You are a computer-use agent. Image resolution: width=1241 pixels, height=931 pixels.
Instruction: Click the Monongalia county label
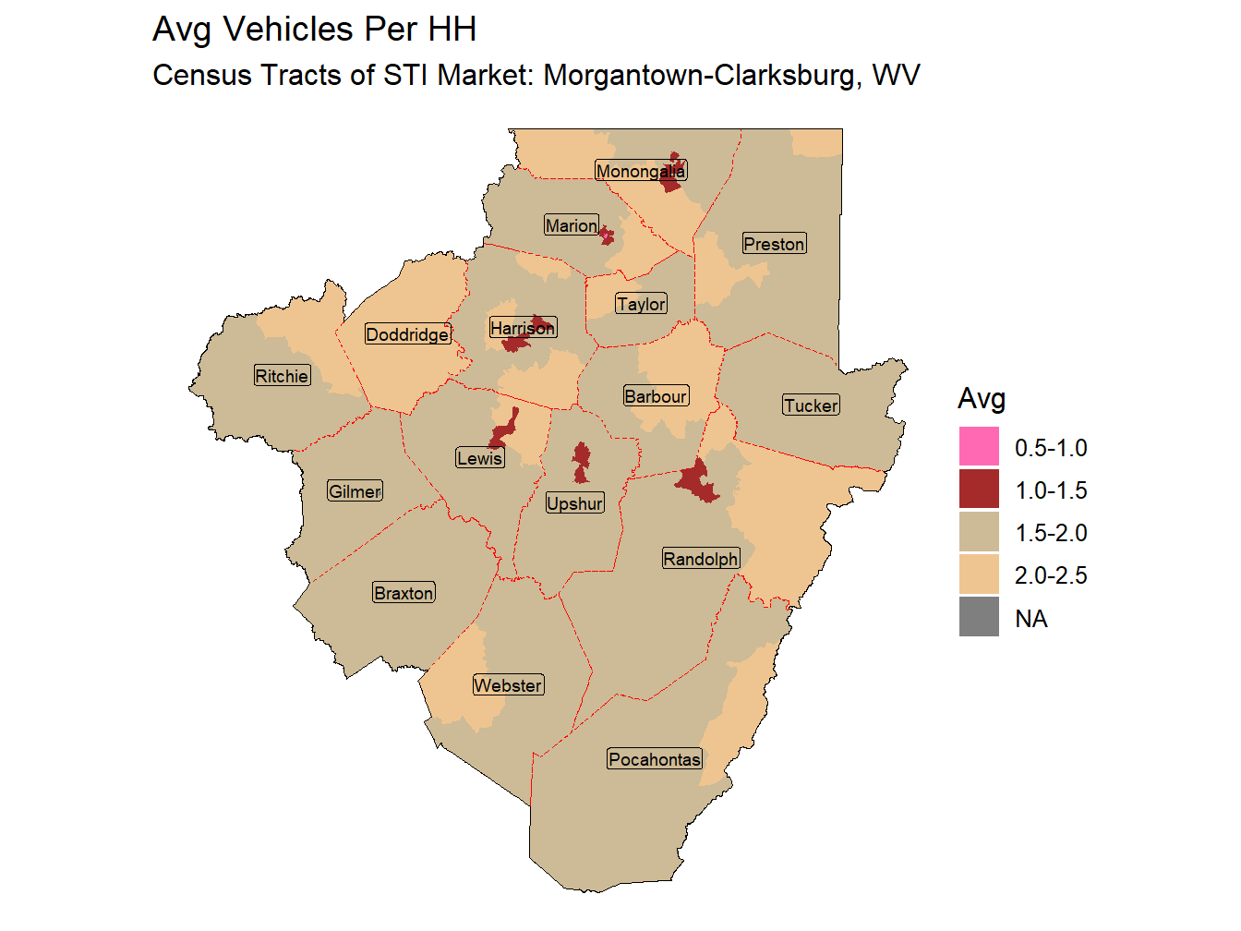tap(641, 171)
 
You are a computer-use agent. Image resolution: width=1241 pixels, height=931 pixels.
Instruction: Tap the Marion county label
tap(572, 225)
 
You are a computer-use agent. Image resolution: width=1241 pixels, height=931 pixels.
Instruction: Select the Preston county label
tap(774, 244)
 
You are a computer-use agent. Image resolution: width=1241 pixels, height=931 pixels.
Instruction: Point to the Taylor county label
tap(641, 304)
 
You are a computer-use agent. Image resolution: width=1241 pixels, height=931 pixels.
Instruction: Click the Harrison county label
tap(523, 328)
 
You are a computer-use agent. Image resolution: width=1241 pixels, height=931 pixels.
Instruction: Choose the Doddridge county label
tap(407, 334)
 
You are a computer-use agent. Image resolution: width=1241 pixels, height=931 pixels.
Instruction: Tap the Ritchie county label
tap(282, 376)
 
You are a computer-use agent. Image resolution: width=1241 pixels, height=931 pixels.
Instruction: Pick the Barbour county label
tap(656, 396)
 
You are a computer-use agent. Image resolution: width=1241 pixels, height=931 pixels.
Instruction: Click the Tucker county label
tap(811, 405)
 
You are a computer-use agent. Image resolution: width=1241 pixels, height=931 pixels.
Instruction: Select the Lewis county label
tap(480, 458)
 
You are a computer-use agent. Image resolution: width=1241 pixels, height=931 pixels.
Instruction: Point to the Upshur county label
tap(574, 503)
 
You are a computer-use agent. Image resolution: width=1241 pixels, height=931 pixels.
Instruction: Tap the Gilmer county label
tap(355, 491)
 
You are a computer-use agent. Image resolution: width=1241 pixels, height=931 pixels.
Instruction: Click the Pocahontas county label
tap(655, 759)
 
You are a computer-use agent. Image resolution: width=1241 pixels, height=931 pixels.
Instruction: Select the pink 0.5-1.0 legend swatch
tap(979, 447)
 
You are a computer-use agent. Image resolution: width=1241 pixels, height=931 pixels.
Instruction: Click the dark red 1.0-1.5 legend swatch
tap(979, 490)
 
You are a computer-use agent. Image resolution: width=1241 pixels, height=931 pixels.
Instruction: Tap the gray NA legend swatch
tap(979, 617)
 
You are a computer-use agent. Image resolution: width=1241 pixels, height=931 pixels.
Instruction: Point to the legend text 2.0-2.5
tap(1051, 575)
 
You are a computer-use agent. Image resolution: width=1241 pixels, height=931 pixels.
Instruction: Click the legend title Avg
tap(982, 399)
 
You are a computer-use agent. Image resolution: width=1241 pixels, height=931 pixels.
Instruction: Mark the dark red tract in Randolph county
tap(697, 481)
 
